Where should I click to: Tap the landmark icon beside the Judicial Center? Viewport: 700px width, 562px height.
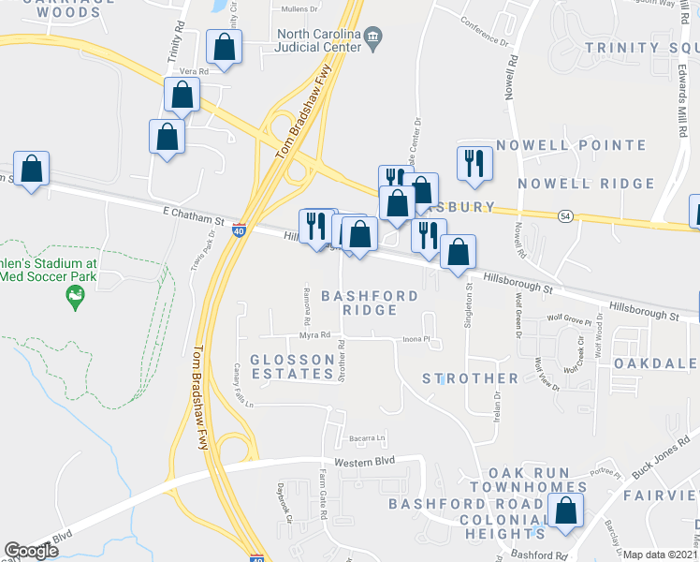[x=373, y=37]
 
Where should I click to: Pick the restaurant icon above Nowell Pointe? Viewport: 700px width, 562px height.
[x=474, y=163]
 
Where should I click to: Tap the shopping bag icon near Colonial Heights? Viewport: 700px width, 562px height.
[x=564, y=511]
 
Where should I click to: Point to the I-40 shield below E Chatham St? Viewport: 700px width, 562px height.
[x=241, y=230]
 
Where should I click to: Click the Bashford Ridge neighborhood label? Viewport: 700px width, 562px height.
[x=370, y=303]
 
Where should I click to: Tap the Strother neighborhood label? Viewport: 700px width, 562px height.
[x=470, y=378]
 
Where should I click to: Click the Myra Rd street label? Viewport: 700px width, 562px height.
[x=314, y=335]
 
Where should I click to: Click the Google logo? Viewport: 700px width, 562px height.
[x=32, y=551]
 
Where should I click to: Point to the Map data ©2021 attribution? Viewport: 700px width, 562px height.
[x=661, y=555]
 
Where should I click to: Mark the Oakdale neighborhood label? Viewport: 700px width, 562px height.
[x=655, y=362]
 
